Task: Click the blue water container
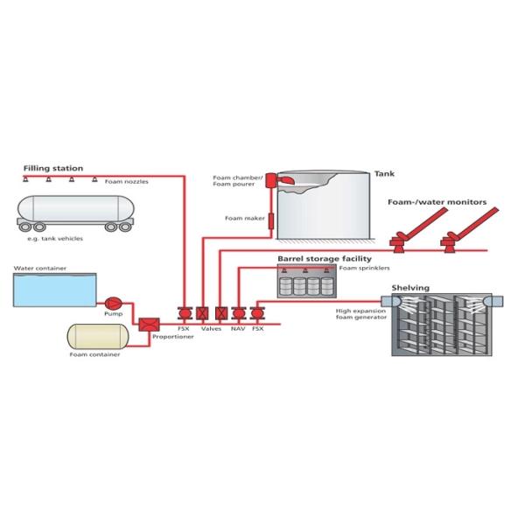click(x=53, y=290)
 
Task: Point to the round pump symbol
click(x=113, y=300)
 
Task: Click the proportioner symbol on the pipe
click(x=147, y=325)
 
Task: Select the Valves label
click(x=212, y=328)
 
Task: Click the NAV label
click(x=237, y=328)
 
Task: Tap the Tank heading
click(x=383, y=173)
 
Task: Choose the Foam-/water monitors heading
click(x=437, y=202)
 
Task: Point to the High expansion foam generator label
click(x=359, y=315)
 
